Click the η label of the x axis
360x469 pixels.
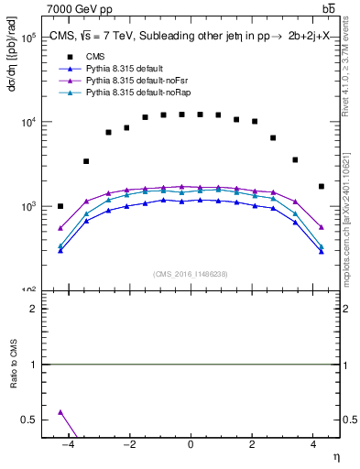point(335,458)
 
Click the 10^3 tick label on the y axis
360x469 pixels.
point(27,207)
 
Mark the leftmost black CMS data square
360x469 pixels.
point(60,206)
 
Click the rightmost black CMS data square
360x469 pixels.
point(321,186)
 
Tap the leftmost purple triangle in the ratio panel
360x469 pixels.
point(60,412)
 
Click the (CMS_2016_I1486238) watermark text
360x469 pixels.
point(190,274)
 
